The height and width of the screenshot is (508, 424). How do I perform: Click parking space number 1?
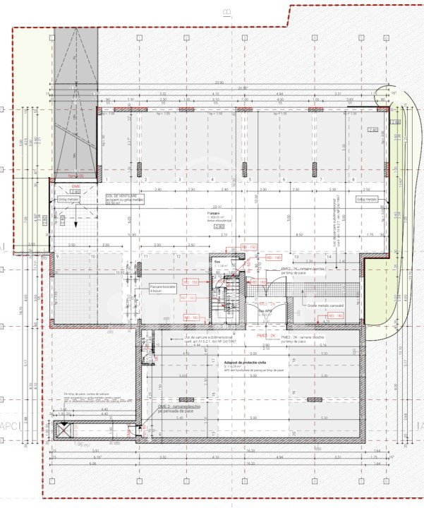[145, 180]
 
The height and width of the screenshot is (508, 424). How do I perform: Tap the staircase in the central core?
[231, 296]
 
